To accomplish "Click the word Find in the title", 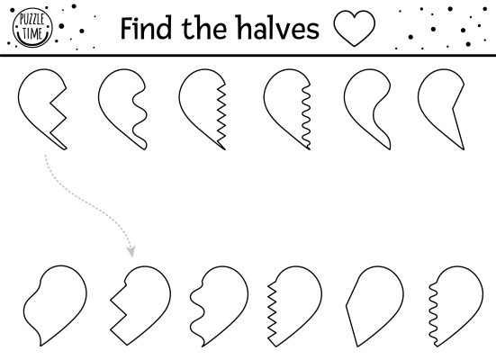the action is [x=146, y=28].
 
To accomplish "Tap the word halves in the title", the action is [x=278, y=28].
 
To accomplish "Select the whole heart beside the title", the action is [x=355, y=28].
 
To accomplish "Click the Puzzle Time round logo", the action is [x=32, y=28].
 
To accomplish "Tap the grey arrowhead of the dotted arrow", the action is [x=131, y=251].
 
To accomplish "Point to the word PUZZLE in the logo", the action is [x=32, y=20].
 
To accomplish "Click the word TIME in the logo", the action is [x=32, y=33].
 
